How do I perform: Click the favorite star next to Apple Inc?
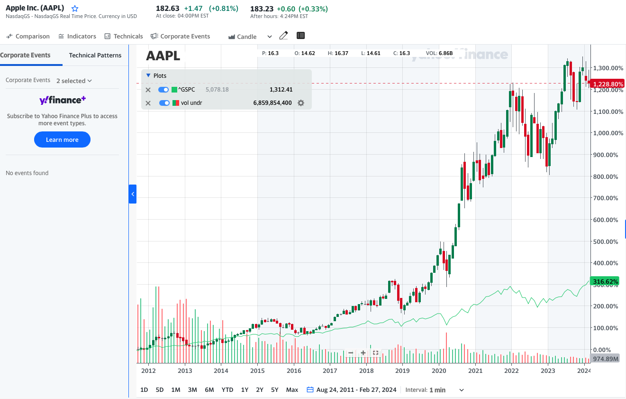tap(74, 9)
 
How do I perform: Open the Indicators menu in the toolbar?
tap(77, 37)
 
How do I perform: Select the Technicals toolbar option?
tap(124, 37)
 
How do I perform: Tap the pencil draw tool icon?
tap(283, 36)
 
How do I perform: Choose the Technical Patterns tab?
tap(95, 55)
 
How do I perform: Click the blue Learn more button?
tap(62, 139)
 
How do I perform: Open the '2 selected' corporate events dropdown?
tap(74, 81)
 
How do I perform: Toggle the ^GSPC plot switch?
tap(163, 90)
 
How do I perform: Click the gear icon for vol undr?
tap(300, 102)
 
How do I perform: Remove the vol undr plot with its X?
tap(148, 103)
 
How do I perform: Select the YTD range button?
tap(227, 390)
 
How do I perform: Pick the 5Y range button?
tap(275, 390)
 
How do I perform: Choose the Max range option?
tap(292, 390)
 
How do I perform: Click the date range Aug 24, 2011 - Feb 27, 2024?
tap(356, 390)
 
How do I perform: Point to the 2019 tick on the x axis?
tap(402, 371)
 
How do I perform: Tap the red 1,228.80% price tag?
tap(608, 84)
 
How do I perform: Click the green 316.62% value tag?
tap(605, 282)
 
